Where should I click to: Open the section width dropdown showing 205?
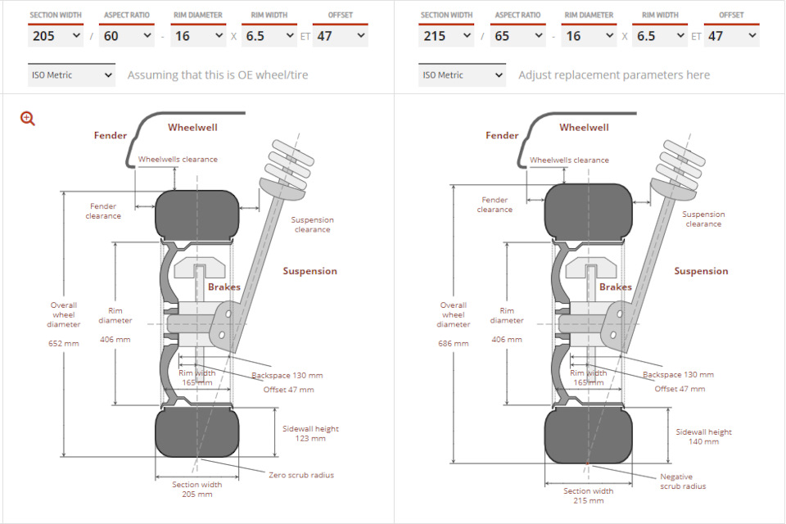[x=56, y=35]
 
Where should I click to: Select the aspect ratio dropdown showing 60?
[x=127, y=35]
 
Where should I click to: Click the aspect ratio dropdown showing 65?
[x=517, y=35]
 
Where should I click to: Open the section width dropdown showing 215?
[x=446, y=35]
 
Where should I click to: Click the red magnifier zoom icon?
[x=28, y=119]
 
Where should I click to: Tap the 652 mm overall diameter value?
[x=64, y=344]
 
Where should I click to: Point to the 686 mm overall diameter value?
[x=453, y=344]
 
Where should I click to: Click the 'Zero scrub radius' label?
[x=301, y=475]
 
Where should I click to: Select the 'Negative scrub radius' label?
[x=683, y=481]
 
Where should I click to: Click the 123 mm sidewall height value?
[x=310, y=438]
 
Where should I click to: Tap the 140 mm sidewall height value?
[x=703, y=441]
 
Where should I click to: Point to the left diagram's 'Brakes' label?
[x=224, y=287]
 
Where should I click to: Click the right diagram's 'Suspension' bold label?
[x=701, y=271]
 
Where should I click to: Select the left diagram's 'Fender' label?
[x=111, y=135]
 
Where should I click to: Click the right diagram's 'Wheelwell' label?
[x=584, y=128]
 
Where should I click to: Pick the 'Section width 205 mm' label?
[x=197, y=490]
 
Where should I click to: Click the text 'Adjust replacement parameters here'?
[x=614, y=75]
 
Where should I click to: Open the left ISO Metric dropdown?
[x=72, y=75]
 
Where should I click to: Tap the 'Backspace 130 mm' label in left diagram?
[x=287, y=375]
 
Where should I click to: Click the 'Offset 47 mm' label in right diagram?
[x=680, y=389]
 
